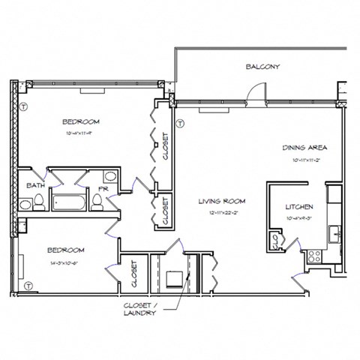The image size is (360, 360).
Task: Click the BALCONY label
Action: tap(262, 67)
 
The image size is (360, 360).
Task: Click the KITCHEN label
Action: tap(299, 206)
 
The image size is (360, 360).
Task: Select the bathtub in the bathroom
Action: tap(68, 200)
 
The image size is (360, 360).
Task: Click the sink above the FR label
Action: tap(109, 176)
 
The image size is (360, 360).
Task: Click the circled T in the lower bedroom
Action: tap(28, 286)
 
